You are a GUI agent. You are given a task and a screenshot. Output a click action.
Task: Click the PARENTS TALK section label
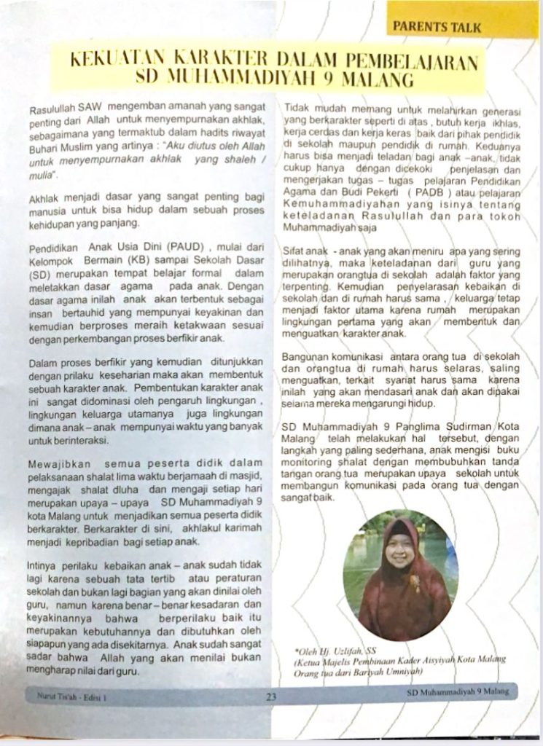click(437, 28)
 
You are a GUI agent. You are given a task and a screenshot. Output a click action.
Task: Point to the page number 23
click(270, 696)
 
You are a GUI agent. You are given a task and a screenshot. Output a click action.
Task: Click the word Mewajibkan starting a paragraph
click(57, 463)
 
